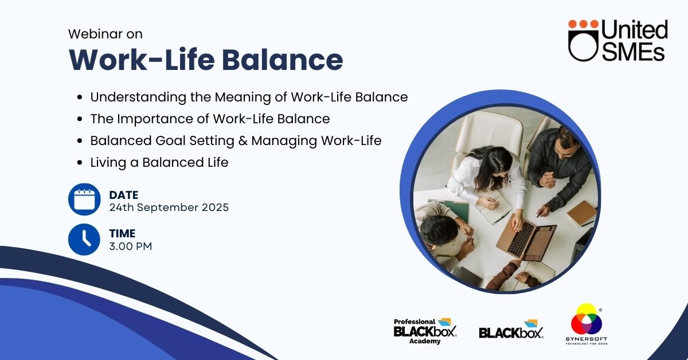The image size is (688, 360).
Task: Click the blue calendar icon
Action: (x=84, y=199)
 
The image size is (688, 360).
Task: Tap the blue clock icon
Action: (x=84, y=239)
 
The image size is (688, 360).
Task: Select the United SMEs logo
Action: (x=618, y=40)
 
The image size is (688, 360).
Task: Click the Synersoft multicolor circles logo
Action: (x=587, y=324)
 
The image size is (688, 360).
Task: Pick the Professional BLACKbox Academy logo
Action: (x=425, y=331)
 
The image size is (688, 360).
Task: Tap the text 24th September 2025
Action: (x=169, y=208)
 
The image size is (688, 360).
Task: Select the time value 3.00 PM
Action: (x=131, y=246)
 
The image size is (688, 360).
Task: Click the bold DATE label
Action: (x=124, y=195)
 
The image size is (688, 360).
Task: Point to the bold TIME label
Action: (x=122, y=233)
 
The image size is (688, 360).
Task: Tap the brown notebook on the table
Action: (x=582, y=213)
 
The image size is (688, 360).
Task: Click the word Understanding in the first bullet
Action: (x=138, y=97)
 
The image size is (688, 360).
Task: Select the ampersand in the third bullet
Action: (x=243, y=140)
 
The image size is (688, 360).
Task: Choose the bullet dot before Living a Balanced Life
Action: (x=80, y=162)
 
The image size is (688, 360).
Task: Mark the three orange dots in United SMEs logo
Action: (x=583, y=24)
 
